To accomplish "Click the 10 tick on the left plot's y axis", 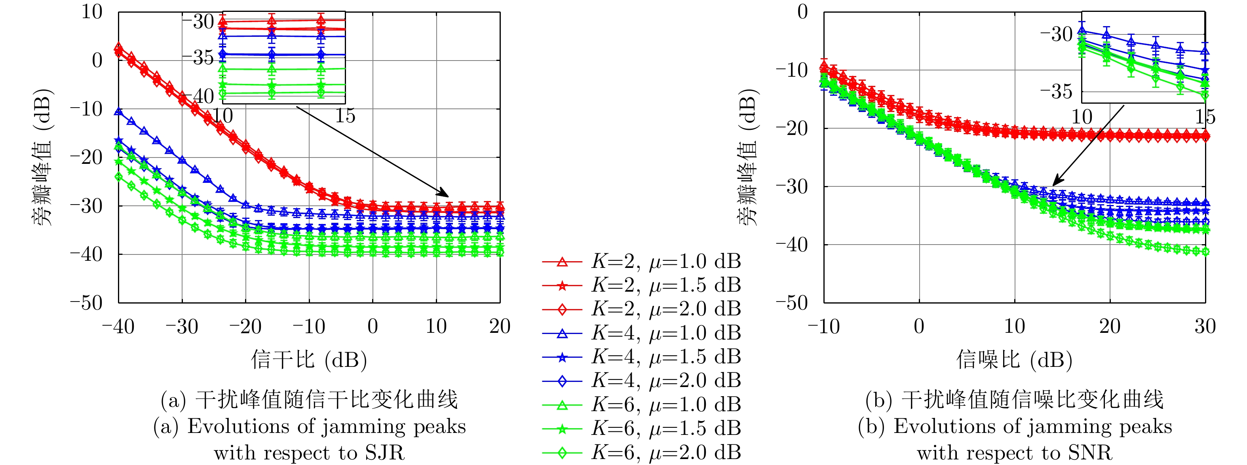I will tap(92, 12).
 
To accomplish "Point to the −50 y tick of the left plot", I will tap(86, 303).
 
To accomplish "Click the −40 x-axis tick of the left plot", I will tap(118, 326).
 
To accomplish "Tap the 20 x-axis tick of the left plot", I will tap(500, 326).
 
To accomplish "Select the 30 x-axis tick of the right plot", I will tap(1205, 326).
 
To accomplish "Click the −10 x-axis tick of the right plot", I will tap(823, 326).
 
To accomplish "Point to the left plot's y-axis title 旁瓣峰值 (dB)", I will tap(42, 157).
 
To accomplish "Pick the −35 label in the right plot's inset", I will tap(1056, 91).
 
